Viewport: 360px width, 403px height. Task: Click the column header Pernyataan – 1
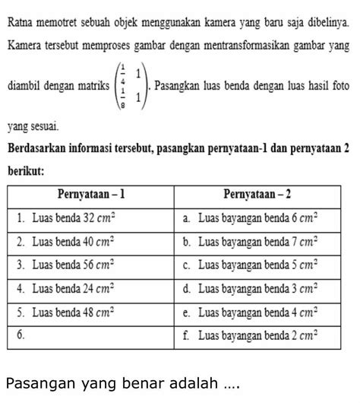[90, 195]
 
